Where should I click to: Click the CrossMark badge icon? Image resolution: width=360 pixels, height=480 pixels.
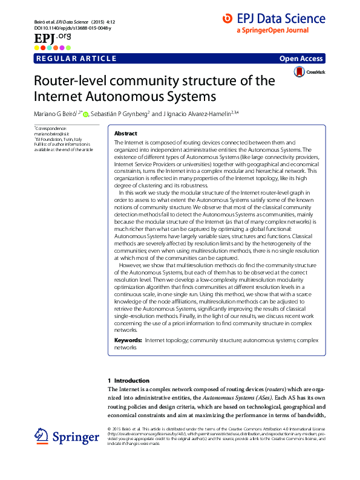[299, 72]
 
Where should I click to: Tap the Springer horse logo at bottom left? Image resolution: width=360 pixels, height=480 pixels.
[42, 437]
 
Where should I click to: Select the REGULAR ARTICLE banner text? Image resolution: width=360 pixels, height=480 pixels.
[76, 58]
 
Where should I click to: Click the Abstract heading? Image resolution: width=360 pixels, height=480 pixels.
[126, 133]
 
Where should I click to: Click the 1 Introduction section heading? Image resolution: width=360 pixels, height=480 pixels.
[128, 380]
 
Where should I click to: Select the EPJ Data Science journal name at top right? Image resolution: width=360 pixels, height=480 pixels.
[282, 20]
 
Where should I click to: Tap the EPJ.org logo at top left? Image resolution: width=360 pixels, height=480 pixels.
[51, 39]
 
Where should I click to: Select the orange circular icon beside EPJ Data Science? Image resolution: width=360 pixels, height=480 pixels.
[227, 20]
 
